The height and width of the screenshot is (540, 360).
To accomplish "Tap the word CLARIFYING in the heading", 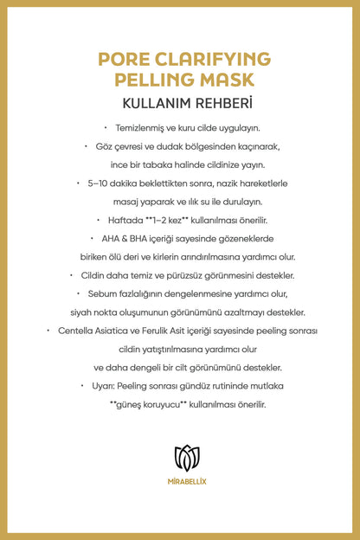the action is click(214, 59).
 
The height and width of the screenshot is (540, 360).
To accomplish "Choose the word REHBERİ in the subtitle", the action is click(217, 104).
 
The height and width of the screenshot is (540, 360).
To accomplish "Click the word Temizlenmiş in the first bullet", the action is click(141, 126).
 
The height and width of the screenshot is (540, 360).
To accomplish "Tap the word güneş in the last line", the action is click(135, 404).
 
